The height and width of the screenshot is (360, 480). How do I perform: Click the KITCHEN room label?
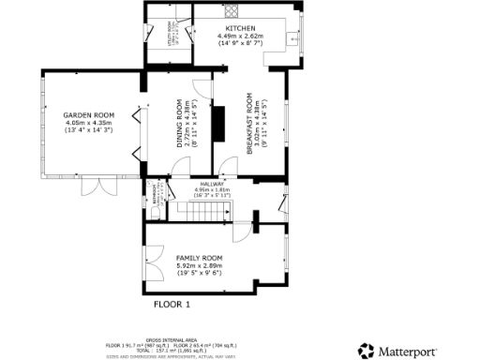(x=242, y=29)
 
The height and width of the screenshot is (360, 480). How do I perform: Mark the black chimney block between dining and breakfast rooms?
(x=218, y=123)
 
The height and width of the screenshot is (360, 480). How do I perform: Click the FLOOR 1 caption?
(x=172, y=305)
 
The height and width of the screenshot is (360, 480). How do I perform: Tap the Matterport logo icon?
(x=366, y=351)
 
